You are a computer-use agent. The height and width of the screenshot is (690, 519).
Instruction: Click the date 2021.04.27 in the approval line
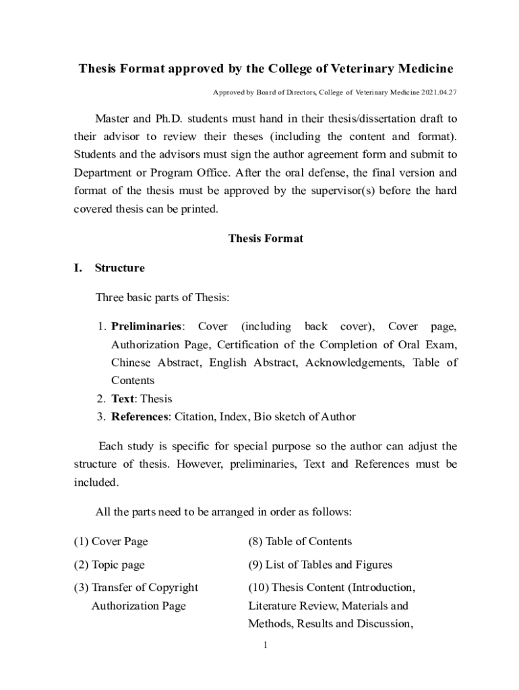pyautogui.click(x=441, y=92)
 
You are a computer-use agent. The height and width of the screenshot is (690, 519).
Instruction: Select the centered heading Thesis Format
pyautogui.click(x=266, y=239)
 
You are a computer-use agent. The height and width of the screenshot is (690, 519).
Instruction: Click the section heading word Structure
pyautogui.click(x=120, y=268)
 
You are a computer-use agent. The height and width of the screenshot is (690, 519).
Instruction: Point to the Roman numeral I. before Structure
pyautogui.click(x=78, y=268)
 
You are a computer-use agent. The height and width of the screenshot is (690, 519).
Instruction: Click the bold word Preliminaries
pyautogui.click(x=146, y=327)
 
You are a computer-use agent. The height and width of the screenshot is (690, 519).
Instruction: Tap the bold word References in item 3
pyautogui.click(x=140, y=416)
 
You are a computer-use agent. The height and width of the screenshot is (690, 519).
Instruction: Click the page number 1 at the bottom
pyautogui.click(x=266, y=646)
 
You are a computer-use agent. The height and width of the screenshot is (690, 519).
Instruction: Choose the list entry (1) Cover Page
pyautogui.click(x=111, y=542)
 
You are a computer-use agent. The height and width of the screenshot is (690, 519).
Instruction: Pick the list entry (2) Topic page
pyautogui.click(x=109, y=565)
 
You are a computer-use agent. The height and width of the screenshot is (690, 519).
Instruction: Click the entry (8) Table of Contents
pyautogui.click(x=300, y=542)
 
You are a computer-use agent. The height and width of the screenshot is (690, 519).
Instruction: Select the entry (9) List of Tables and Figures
pyautogui.click(x=320, y=565)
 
